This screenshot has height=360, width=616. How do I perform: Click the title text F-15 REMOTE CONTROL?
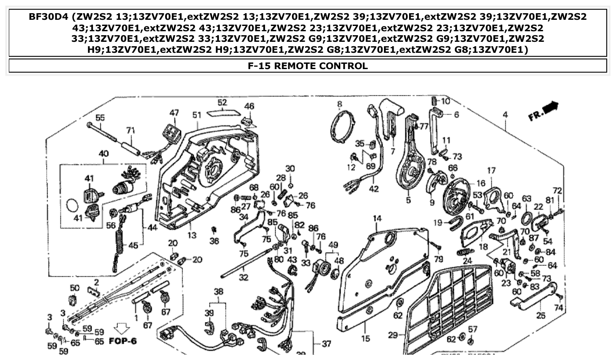point(308,66)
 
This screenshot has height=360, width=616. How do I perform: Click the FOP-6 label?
point(123,341)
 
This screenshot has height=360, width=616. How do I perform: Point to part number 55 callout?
point(100,118)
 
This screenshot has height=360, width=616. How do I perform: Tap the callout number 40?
point(103,154)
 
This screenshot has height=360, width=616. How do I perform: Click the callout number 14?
point(377,218)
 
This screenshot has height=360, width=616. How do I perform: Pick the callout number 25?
point(540,315)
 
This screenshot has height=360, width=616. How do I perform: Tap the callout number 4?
point(505,115)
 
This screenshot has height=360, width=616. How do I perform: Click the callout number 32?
point(243,278)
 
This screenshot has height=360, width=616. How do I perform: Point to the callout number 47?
point(174,113)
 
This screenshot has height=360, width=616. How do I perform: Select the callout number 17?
point(491,170)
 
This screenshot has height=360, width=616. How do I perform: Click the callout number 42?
point(373,190)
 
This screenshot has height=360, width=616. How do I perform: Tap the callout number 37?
point(326,344)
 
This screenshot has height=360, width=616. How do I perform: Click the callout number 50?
point(75,288)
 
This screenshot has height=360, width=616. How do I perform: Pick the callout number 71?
point(130,130)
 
